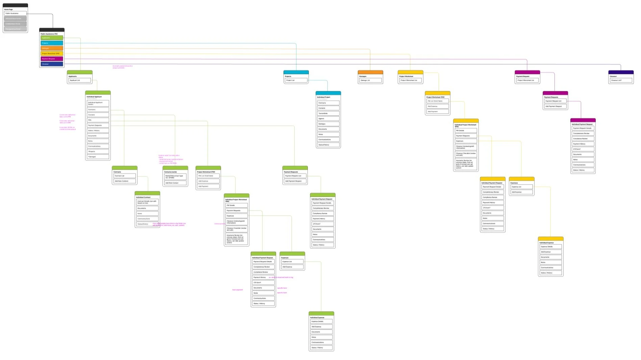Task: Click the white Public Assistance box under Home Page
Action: (15, 14)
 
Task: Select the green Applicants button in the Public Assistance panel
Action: (52, 38)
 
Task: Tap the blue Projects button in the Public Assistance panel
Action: (52, 43)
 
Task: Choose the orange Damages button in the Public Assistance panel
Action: (52, 48)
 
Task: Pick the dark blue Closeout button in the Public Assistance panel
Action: (52, 64)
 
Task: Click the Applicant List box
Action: (80, 80)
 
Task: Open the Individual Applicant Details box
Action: (98, 103)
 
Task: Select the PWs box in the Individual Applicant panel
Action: (98, 120)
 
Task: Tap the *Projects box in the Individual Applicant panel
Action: (98, 151)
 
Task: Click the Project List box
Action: (296, 80)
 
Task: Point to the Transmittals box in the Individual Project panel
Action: (328, 114)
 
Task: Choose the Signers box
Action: (328, 119)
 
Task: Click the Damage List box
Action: (370, 80)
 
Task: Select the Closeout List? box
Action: (621, 80)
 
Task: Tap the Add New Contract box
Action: (125, 181)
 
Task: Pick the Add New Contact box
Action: (175, 183)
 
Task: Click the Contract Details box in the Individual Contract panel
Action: (147, 202)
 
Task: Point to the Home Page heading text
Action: (8, 9)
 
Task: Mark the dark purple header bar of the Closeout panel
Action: (621, 72)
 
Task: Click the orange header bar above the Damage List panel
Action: (370, 72)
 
